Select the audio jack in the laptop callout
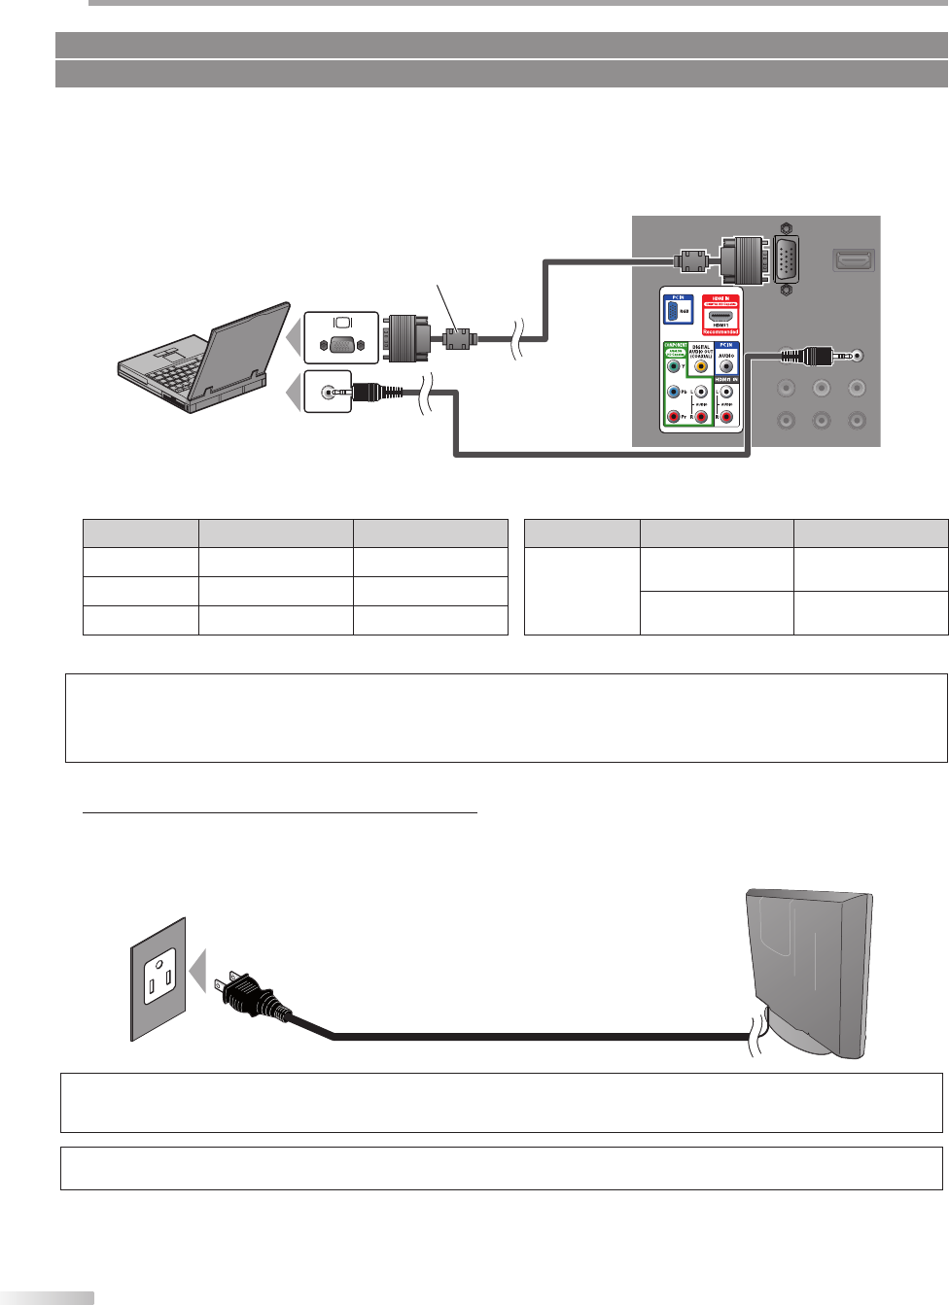pyautogui.click(x=329, y=393)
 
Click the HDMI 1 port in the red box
pyautogui.click(x=721, y=317)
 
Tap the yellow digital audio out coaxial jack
pyautogui.click(x=700, y=367)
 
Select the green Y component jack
pyautogui.click(x=674, y=367)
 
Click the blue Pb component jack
pyautogui.click(x=674, y=393)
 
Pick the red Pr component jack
pyautogui.click(x=674, y=417)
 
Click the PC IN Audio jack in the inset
pyautogui.click(x=726, y=367)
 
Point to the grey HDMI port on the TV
pyautogui.click(x=854, y=260)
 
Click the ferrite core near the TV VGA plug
pyautogui.click(x=691, y=260)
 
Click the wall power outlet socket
pyautogui.click(x=159, y=976)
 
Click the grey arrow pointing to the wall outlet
pyautogui.click(x=198, y=971)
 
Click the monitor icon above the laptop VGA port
pyautogui.click(x=341, y=323)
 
